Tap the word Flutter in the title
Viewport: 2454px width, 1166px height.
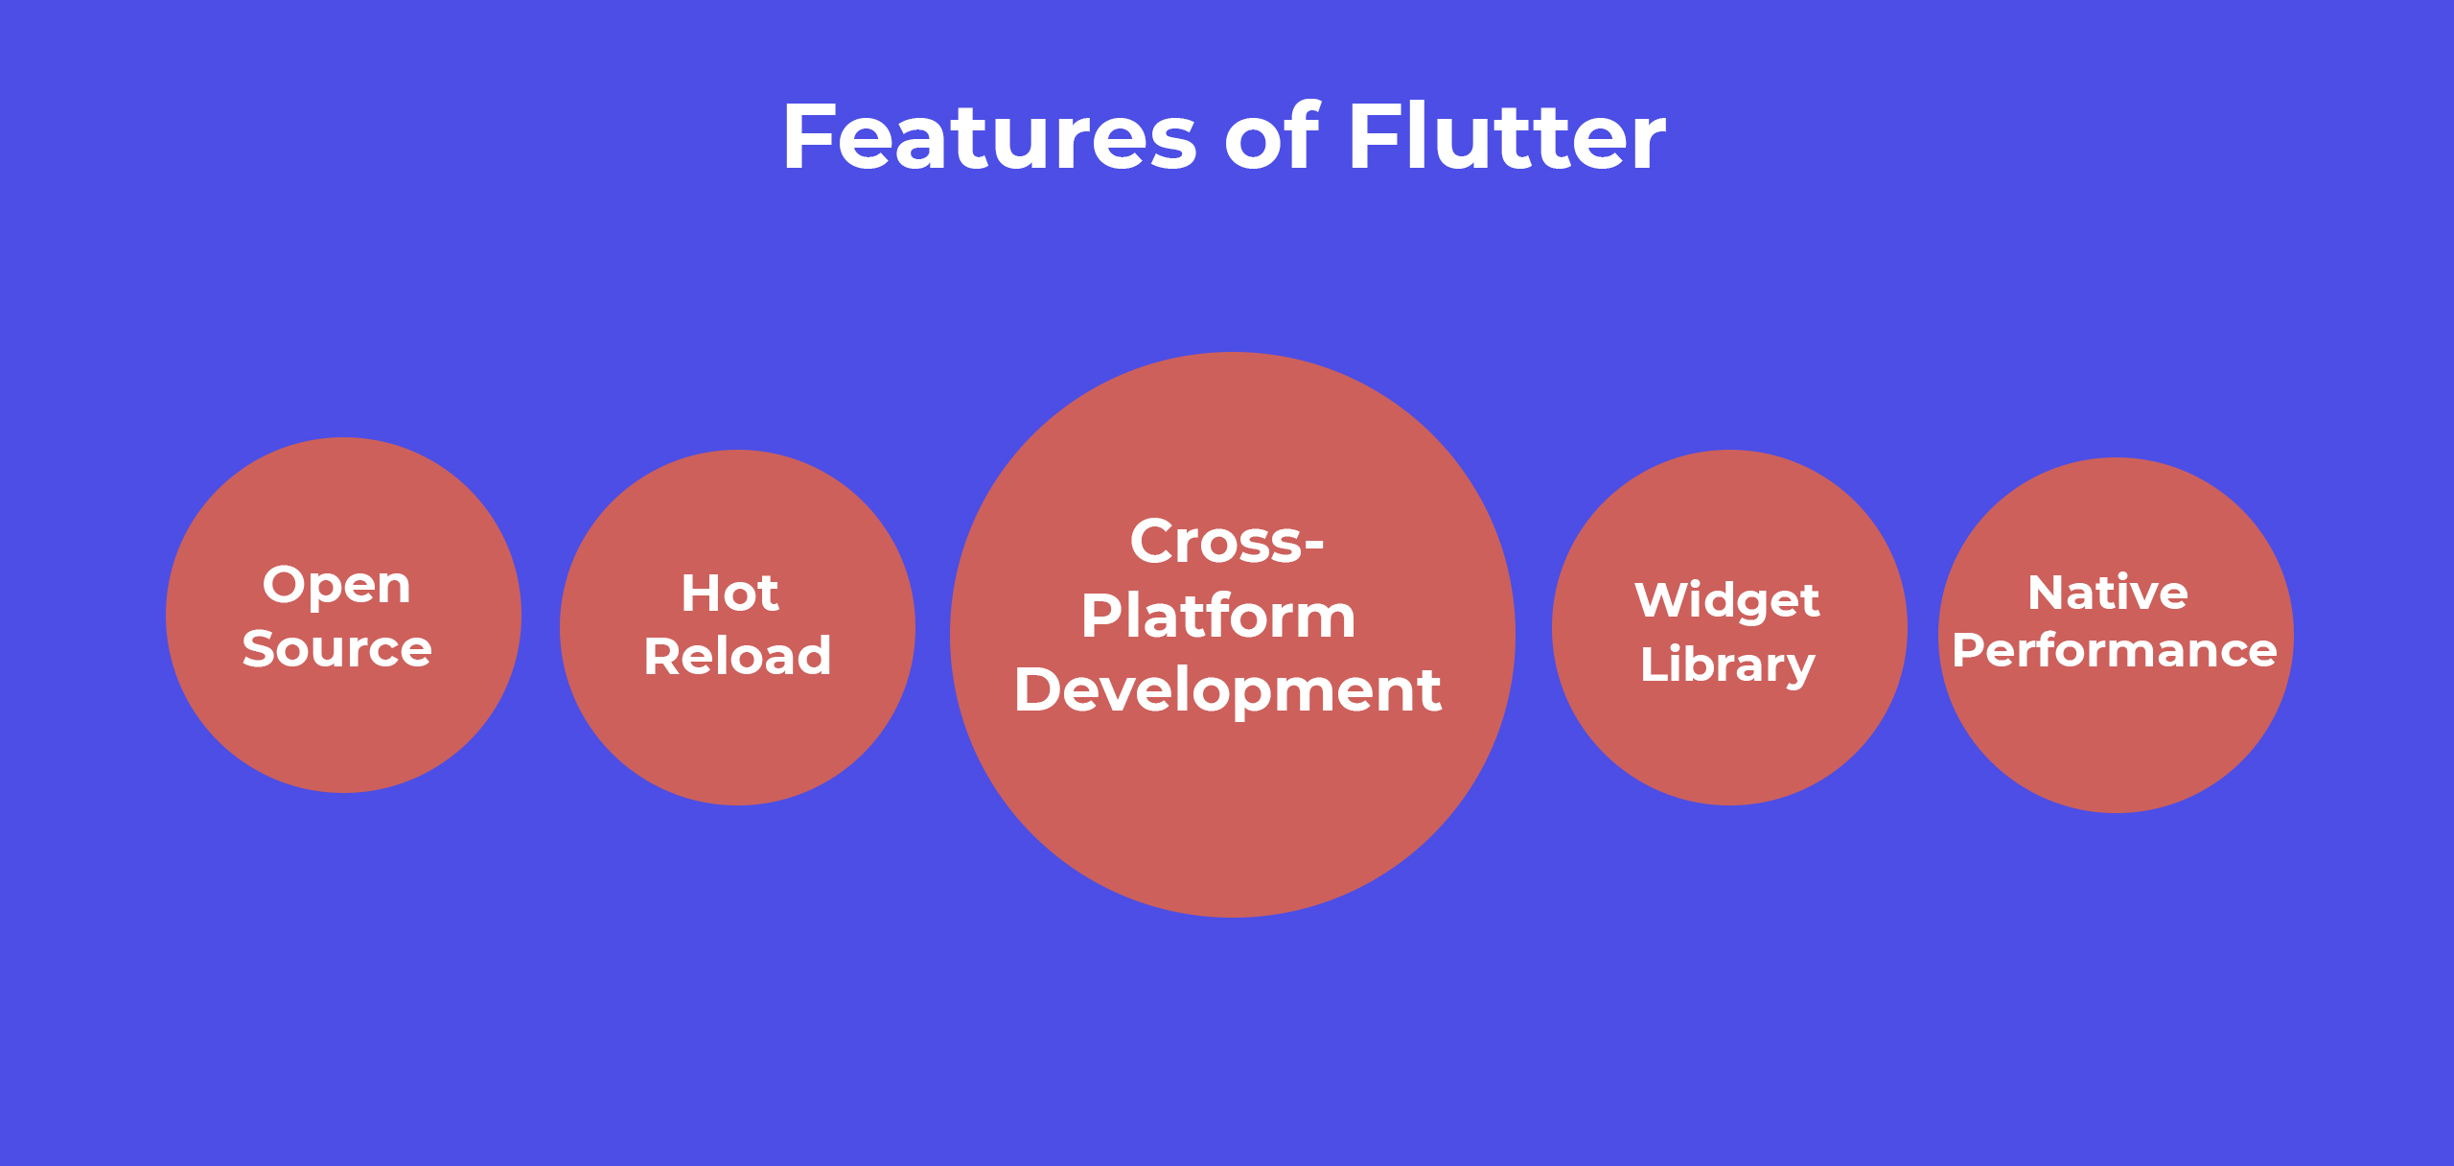[x=1507, y=138]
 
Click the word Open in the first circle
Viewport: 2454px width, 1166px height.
[x=336, y=587]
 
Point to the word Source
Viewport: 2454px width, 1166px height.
[x=337, y=649]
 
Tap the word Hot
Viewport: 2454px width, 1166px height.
[x=729, y=594]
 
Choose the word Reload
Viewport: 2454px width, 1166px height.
[x=737, y=657]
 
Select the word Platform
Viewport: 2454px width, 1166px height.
[x=1218, y=617]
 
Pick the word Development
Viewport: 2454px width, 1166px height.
[x=1227, y=690]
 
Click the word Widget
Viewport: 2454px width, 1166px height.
[x=1727, y=601]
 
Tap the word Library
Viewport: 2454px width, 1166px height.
[x=1727, y=665]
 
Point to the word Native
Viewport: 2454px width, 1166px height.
[x=2108, y=593]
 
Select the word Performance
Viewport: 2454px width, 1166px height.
[x=2115, y=651]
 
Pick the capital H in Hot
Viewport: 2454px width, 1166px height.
[x=700, y=594]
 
